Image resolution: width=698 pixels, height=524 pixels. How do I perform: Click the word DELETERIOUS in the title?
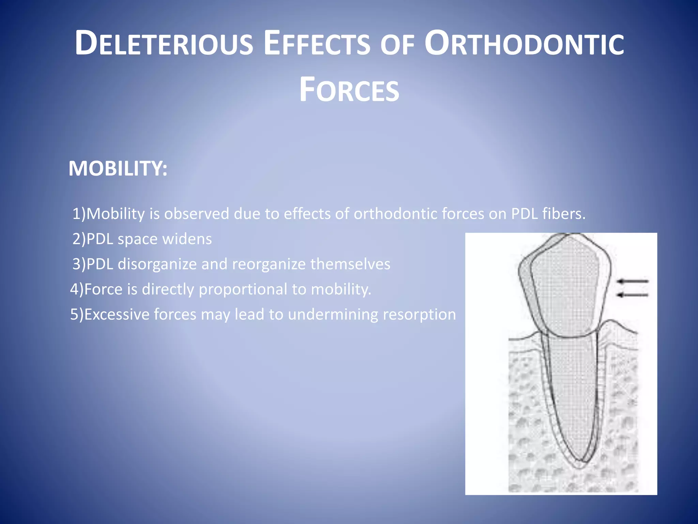tap(164, 44)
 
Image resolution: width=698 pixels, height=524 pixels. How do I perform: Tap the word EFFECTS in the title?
tap(317, 44)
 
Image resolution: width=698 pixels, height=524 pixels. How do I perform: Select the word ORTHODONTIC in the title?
tap(524, 44)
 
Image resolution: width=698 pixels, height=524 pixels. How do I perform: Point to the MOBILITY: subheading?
tap(118, 169)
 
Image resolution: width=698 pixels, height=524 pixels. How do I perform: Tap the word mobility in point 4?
tap(340, 289)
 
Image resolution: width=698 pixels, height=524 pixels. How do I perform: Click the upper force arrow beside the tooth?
tap(633, 281)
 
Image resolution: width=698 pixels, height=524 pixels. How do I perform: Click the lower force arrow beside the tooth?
tap(633, 295)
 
